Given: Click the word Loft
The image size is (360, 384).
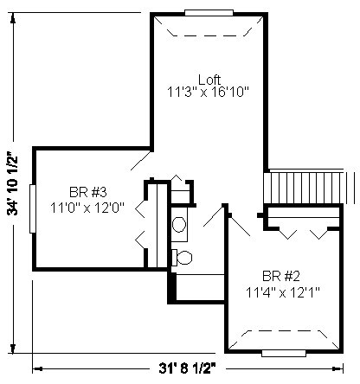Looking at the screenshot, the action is coord(209,80).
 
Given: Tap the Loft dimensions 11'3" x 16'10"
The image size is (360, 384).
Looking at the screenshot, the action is coord(208,93).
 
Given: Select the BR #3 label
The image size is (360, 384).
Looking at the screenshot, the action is coord(88,192).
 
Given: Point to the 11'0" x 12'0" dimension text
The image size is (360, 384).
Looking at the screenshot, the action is coord(87,208).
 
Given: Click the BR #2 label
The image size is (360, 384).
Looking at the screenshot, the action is coord(281,276).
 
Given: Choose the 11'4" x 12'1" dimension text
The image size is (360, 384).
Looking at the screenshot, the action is coord(283,292).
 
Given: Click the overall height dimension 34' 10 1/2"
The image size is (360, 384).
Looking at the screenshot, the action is coord(13,183).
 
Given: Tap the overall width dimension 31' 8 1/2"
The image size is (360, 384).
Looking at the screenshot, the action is coord(188,368).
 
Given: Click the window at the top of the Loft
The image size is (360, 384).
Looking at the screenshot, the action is coord(209,13).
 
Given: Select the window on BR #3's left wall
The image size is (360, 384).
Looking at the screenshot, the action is coord(33,208).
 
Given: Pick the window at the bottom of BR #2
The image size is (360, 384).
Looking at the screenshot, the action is coord(284,353).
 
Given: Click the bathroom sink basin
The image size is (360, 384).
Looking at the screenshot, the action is coord(179,224).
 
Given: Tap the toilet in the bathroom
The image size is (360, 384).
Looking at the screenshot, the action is coord(182,258).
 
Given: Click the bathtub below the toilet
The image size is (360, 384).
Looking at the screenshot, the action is coord(200,287).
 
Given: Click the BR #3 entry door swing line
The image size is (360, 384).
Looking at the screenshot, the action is coord(141,160).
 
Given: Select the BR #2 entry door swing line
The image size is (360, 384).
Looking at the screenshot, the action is coord(240,226).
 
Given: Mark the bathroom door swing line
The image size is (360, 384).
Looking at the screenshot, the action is coord(214,215).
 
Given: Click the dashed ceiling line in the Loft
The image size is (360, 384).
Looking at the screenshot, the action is coord(209,27).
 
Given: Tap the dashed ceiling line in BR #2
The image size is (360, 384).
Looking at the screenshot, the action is coord(284,340).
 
